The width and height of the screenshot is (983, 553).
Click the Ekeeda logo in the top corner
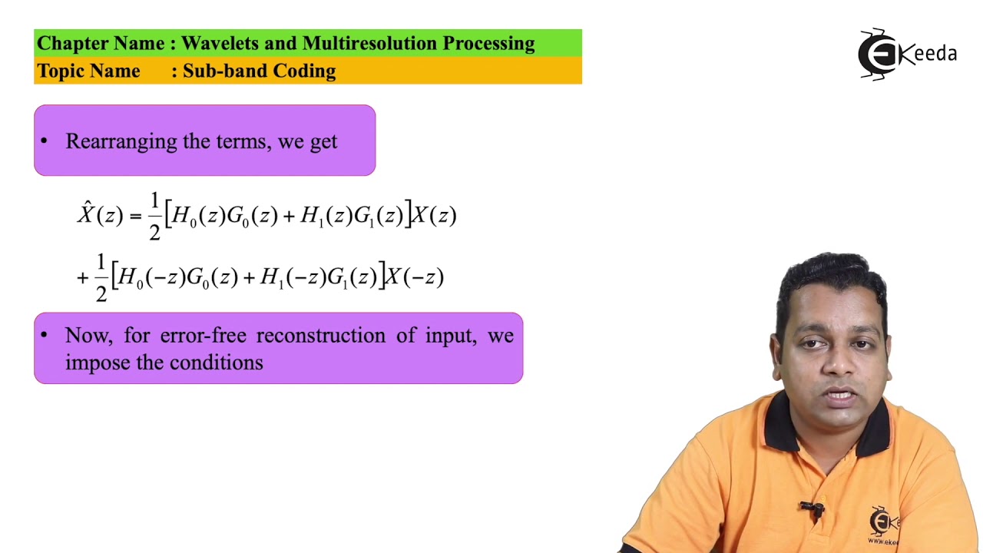pyautogui.click(x=906, y=54)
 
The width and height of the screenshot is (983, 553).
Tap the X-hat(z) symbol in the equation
pyautogui.click(x=99, y=214)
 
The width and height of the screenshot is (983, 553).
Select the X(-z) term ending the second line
pyautogui.click(x=414, y=277)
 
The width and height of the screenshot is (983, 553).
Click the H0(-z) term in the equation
pyautogui.click(x=152, y=277)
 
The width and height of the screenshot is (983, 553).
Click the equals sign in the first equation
pyautogui.click(x=135, y=217)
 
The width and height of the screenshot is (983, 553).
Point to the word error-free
pyautogui.click(x=204, y=336)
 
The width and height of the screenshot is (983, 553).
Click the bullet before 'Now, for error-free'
pyautogui.click(x=44, y=335)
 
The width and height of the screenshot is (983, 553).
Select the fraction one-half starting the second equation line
pyautogui.click(x=101, y=278)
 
